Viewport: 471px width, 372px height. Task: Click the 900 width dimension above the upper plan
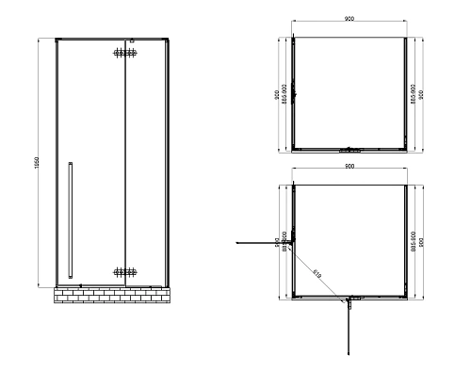pyautogui.click(x=349, y=18)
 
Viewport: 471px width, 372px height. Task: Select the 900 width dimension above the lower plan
pyautogui.click(x=349, y=168)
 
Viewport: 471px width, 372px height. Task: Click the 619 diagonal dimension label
pyautogui.click(x=317, y=273)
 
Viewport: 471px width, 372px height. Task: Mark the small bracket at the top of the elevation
pyautogui.click(x=132, y=40)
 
